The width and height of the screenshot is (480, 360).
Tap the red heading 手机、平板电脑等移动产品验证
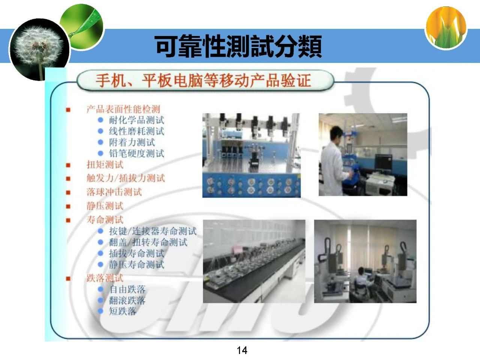203,80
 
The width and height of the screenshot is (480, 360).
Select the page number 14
242,350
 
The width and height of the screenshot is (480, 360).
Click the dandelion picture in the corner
39,49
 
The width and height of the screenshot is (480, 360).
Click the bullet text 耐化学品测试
136,120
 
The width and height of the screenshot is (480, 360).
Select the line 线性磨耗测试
136,131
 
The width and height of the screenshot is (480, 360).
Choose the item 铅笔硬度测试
136,153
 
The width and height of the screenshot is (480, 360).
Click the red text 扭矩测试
105,165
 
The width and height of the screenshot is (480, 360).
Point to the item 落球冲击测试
114,192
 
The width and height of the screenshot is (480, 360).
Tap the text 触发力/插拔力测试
126,178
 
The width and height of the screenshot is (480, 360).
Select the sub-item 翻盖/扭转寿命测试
148,242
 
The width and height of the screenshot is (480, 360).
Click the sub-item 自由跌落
127,289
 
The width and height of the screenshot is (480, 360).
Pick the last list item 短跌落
123,311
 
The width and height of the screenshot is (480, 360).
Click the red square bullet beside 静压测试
68,206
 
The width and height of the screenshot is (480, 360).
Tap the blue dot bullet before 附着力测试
100,142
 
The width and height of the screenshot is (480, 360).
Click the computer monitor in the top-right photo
384,162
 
